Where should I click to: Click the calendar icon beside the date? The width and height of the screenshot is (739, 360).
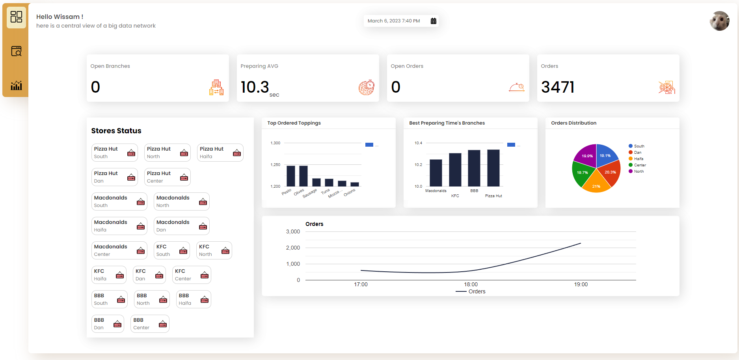coord(433,21)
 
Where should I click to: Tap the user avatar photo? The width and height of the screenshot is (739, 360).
coord(719,21)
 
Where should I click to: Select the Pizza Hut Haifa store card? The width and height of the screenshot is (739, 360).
coord(220,153)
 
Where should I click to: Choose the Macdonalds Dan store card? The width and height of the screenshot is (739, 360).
coord(181,226)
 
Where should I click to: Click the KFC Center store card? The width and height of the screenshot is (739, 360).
coord(191,275)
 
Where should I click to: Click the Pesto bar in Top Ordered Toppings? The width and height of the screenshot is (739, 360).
coord(290,176)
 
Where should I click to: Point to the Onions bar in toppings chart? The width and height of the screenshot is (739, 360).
coord(355,184)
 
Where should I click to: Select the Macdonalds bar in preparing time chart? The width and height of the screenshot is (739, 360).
coord(436,173)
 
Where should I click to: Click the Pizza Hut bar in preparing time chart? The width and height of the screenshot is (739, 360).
coord(493,168)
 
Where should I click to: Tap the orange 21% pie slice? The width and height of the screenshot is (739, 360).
coord(596,184)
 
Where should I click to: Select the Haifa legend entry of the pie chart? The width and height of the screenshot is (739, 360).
coord(638,159)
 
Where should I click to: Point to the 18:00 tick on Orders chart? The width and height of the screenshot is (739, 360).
coord(471,284)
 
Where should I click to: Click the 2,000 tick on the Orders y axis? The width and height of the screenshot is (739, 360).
coord(293,248)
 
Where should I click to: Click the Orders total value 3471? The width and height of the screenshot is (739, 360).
coord(557,87)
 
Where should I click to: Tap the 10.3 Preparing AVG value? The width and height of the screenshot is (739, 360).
coord(255,87)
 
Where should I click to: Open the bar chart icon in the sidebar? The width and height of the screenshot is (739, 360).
coord(16,85)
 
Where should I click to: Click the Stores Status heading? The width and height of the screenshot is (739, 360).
coord(116,131)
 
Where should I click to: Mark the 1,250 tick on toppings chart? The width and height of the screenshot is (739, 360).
coord(275,165)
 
